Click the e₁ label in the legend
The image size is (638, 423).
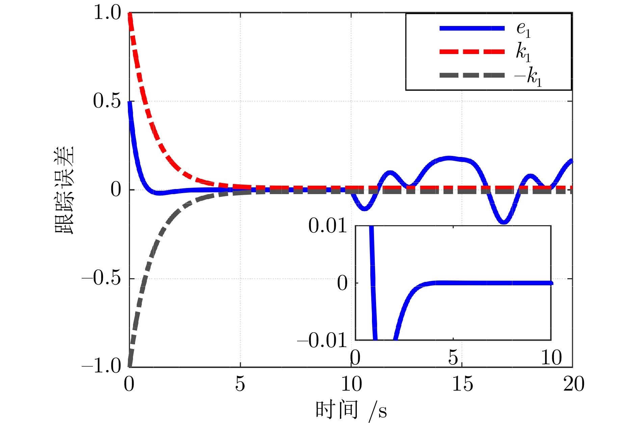524,30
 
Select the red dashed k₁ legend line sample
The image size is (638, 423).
472,52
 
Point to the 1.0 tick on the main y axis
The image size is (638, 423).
107,14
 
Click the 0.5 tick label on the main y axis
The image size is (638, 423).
107,101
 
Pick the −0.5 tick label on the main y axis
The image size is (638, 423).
101,279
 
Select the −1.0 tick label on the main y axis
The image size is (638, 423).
101,366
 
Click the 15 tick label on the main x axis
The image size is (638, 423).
462,384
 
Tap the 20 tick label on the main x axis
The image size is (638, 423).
574,384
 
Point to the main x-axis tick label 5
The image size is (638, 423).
240,384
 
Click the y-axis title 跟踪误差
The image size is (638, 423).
64,190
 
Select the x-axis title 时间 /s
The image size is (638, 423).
351,410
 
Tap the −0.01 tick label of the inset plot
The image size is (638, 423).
322,340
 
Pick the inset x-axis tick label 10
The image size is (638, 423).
551,358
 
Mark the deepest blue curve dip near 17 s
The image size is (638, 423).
504,222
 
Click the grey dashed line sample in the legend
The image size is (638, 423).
472,76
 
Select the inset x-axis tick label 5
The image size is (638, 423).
453,358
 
